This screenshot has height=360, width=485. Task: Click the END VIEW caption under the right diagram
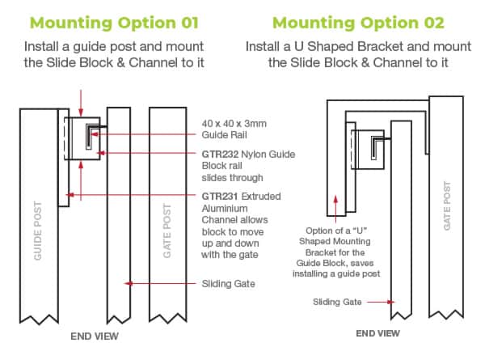[377, 332]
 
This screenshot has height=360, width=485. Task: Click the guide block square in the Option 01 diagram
[83, 139]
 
